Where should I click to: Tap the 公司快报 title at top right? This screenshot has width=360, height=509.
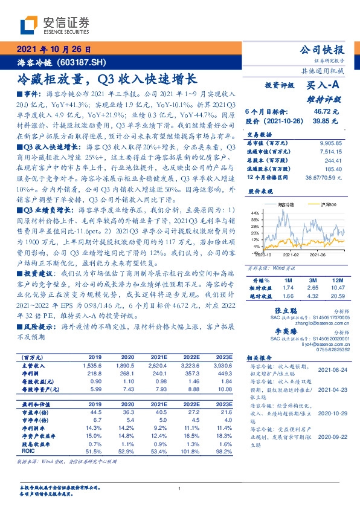[x=321, y=50]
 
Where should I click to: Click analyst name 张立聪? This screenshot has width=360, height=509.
[x=278, y=309]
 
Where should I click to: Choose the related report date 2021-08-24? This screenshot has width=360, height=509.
[x=330, y=369]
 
